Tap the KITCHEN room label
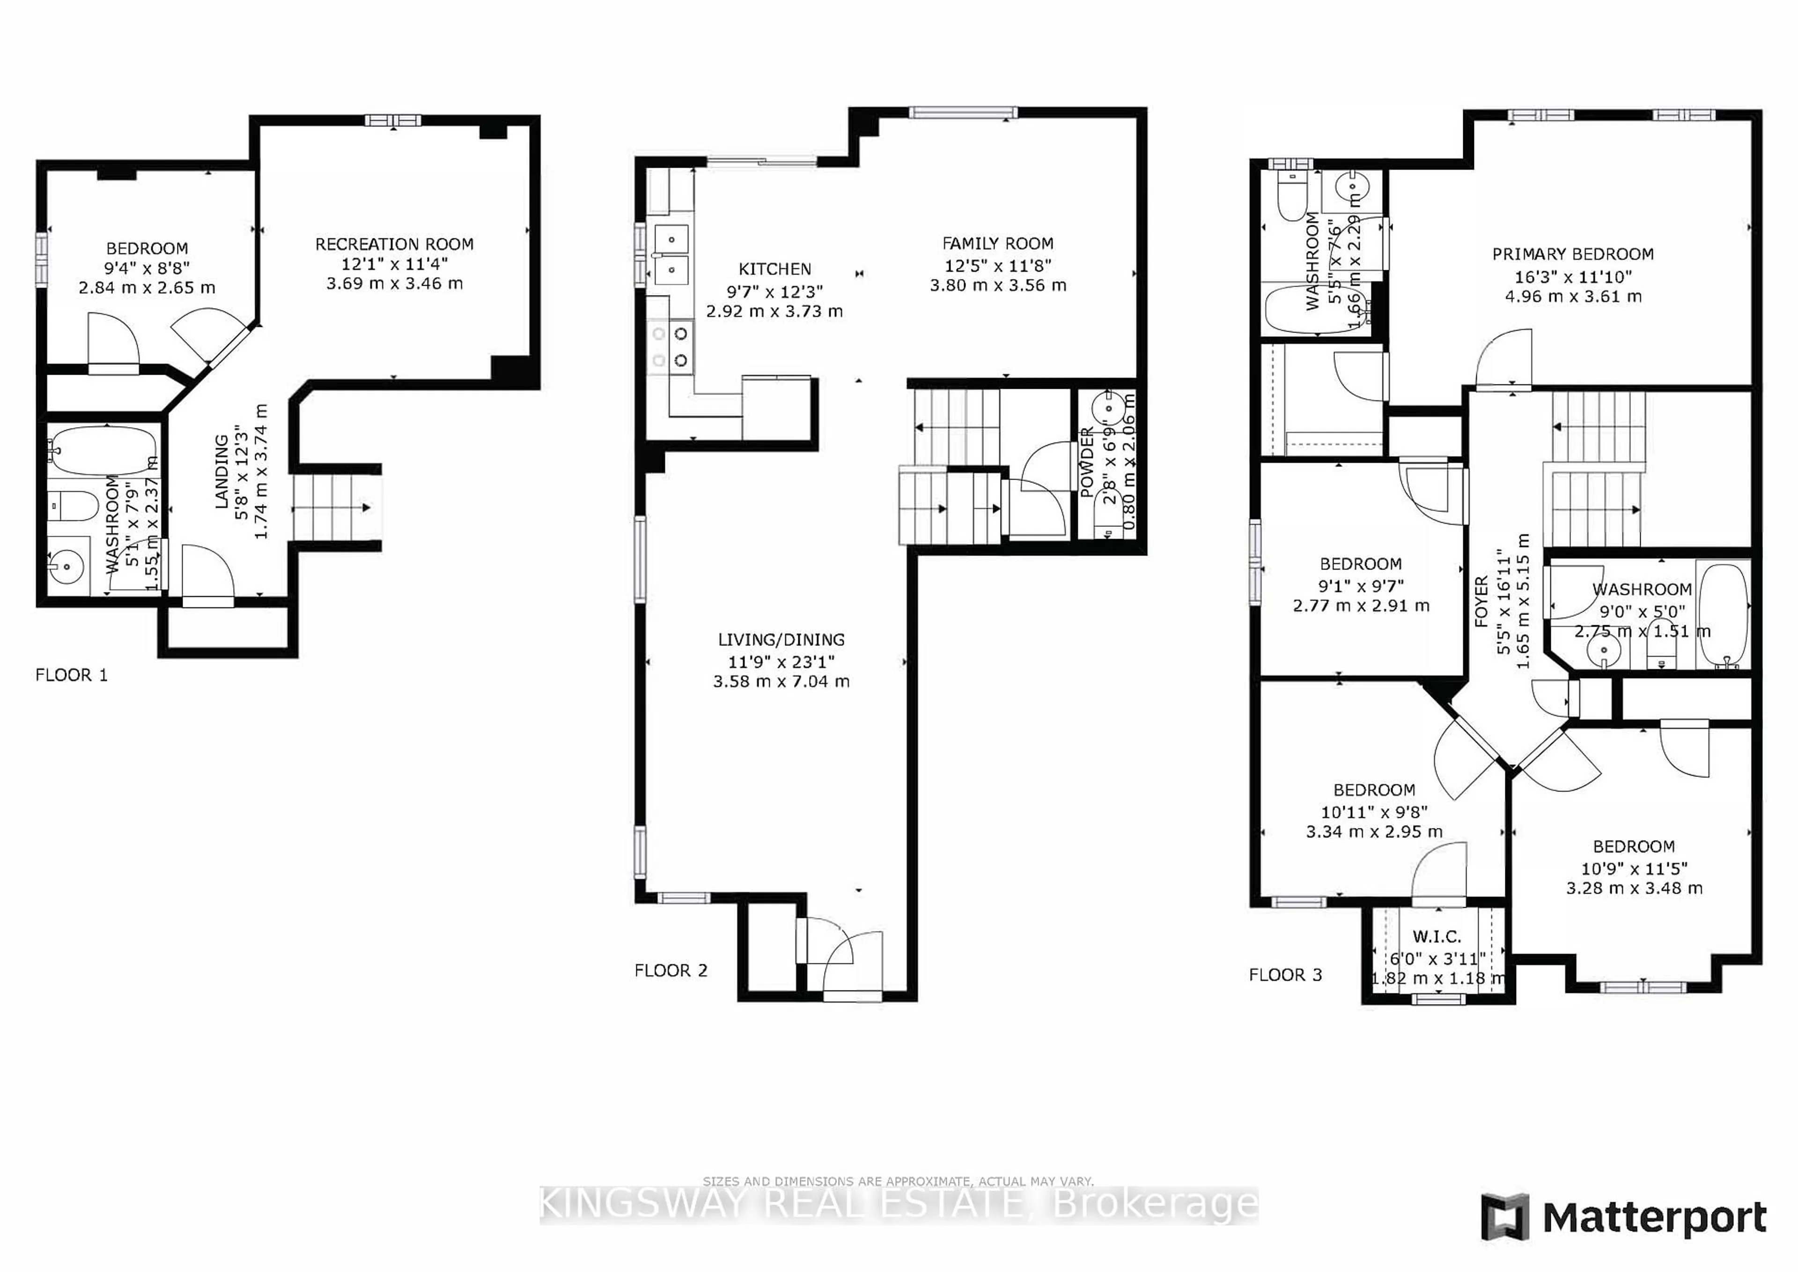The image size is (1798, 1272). [x=774, y=269]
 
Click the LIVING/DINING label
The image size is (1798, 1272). [x=781, y=640]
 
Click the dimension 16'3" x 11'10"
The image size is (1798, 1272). [x=1572, y=276]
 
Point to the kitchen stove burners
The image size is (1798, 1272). [x=671, y=347]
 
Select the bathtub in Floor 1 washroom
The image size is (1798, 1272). [x=104, y=451]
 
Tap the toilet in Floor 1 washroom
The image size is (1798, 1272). [x=72, y=505]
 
